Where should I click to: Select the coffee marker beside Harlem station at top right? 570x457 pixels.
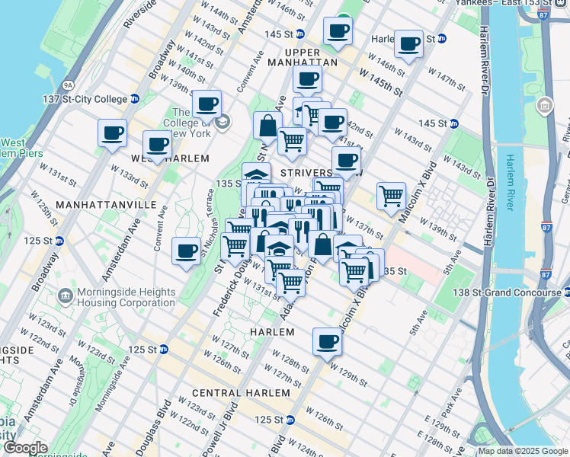click(408, 44)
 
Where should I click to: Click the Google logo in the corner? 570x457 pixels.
click(25, 448)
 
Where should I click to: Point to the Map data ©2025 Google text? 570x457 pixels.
click(523, 451)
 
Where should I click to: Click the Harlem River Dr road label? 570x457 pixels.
click(485, 61)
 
